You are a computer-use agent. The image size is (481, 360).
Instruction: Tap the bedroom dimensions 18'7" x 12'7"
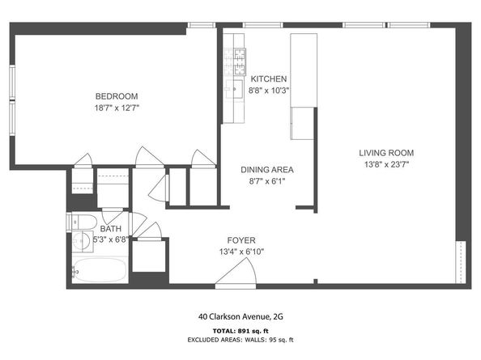point(117,106)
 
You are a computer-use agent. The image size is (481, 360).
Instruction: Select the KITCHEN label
point(268,78)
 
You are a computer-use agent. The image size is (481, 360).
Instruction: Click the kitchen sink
point(237,87)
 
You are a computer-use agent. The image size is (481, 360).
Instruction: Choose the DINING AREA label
point(266,170)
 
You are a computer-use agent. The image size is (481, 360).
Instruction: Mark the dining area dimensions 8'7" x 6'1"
point(266,181)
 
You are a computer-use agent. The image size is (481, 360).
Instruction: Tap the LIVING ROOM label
point(386,153)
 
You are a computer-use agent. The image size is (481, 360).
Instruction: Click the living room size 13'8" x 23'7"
point(386,164)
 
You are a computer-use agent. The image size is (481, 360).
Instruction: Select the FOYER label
point(241,240)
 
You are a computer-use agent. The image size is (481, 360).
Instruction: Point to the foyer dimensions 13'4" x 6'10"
point(241,252)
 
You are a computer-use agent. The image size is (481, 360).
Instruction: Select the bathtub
point(99,269)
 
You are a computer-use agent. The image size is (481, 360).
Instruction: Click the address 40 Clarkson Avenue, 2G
point(240,317)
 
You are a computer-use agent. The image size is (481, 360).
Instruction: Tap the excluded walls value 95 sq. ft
point(279,340)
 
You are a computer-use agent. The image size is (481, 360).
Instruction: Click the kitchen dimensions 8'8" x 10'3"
point(268,90)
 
